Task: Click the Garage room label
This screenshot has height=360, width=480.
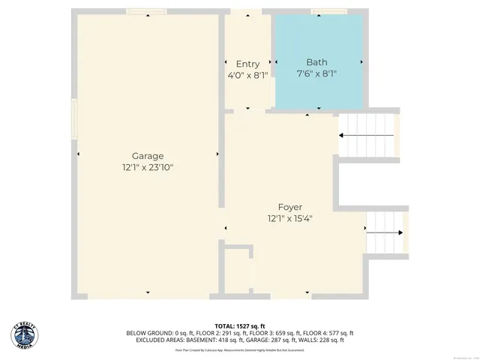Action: click(148, 156)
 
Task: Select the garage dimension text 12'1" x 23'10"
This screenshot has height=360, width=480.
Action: click(148, 168)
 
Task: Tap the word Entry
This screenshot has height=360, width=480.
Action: click(247, 64)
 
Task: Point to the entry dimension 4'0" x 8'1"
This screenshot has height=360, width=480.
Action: click(247, 75)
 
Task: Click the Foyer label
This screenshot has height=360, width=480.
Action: click(289, 207)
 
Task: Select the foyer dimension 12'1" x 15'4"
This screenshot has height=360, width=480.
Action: click(289, 219)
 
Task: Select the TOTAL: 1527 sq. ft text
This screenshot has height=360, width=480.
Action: click(240, 326)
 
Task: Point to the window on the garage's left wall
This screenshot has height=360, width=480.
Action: click(73, 119)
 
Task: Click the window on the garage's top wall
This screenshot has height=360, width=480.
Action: click(146, 12)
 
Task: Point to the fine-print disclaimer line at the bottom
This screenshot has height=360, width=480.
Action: click(240, 349)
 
